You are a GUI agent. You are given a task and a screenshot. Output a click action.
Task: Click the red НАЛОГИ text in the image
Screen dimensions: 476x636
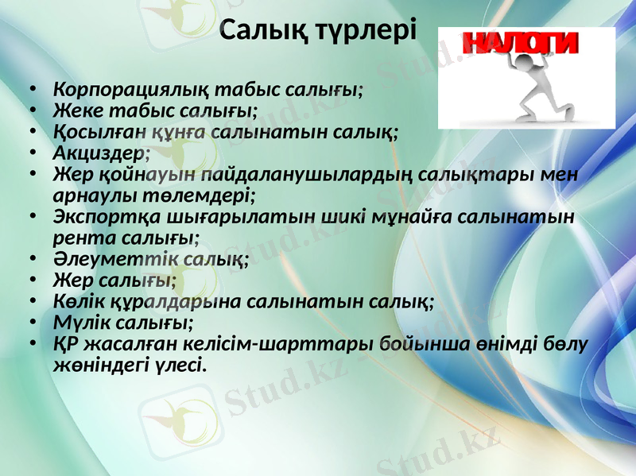click(x=521, y=44)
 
